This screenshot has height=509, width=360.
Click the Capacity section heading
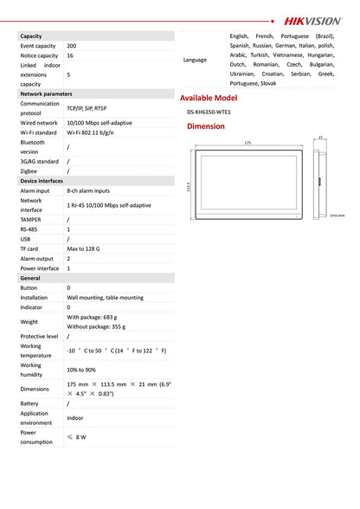(x=32, y=35)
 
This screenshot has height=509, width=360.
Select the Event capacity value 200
(x=71, y=45)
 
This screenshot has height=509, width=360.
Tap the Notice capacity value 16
(x=70, y=55)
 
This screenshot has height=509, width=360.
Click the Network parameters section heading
(x=46, y=93)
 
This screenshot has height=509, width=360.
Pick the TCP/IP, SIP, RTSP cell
(x=87, y=109)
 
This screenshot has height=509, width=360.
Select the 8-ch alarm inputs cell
(x=88, y=190)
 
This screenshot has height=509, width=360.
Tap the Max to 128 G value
(x=83, y=248)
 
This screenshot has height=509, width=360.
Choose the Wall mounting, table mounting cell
(x=105, y=297)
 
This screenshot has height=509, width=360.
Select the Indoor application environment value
(x=75, y=418)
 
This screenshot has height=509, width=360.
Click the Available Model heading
(x=208, y=98)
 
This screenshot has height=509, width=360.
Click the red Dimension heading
(x=206, y=126)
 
